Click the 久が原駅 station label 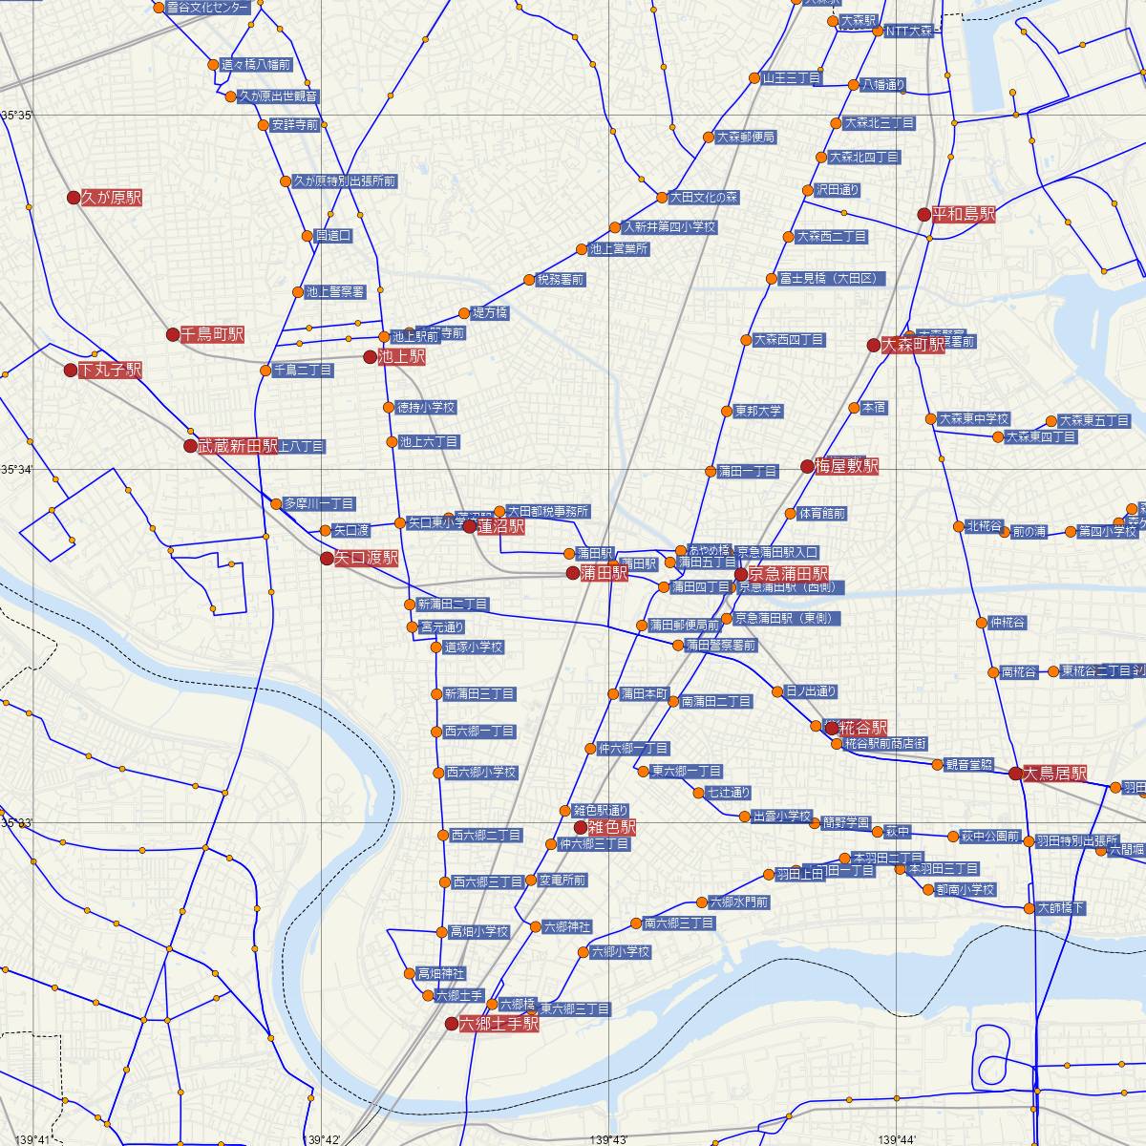[x=112, y=198]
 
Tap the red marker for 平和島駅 [x=923, y=215]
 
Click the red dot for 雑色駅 [x=580, y=826]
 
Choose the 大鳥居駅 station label [x=1054, y=774]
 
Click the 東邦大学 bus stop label [x=758, y=412]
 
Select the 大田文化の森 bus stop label [x=704, y=198]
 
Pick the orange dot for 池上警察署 [x=298, y=292]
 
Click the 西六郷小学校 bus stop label [x=481, y=772]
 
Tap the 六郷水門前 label [x=738, y=902]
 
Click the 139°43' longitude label [x=609, y=1139]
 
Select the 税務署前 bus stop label [x=561, y=280]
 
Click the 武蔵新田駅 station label [x=238, y=446]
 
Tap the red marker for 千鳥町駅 [x=173, y=334]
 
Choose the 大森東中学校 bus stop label [x=973, y=418]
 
